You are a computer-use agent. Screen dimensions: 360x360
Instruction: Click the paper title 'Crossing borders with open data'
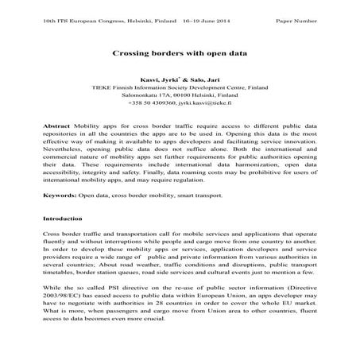coord(180,53)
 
